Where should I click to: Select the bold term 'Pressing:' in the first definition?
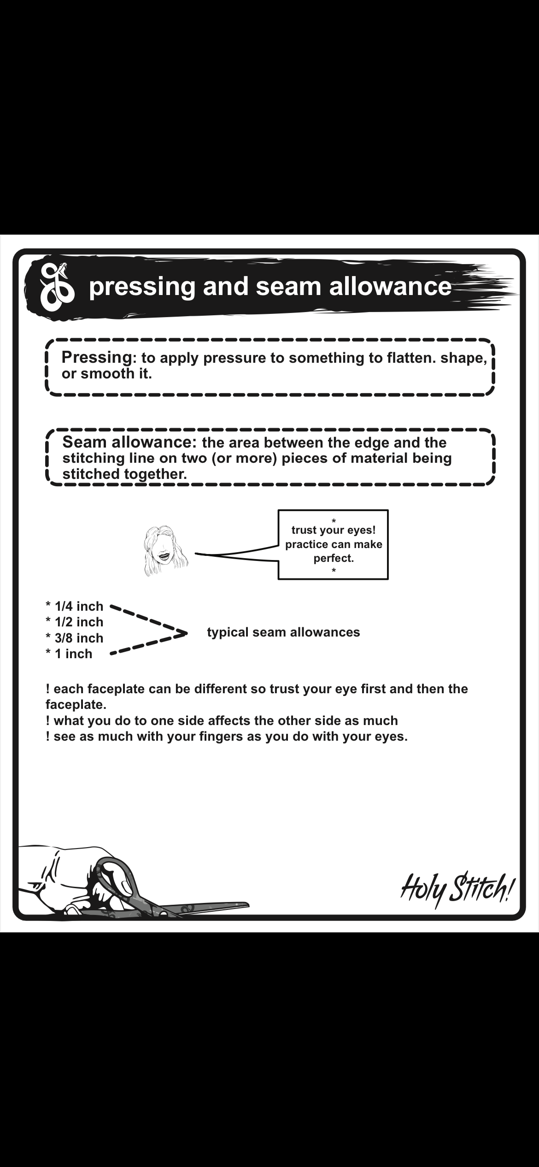tap(97, 357)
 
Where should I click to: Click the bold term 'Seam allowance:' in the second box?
tap(129, 442)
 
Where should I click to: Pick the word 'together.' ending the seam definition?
tap(155, 474)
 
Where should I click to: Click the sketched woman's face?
tap(165, 551)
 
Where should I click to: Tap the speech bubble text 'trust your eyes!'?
tap(334, 531)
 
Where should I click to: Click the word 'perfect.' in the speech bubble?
tap(334, 559)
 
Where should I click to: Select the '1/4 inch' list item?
tap(78, 606)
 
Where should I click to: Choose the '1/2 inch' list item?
tap(78, 622)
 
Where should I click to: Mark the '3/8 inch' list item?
tap(78, 638)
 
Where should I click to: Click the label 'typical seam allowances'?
tap(283, 632)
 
